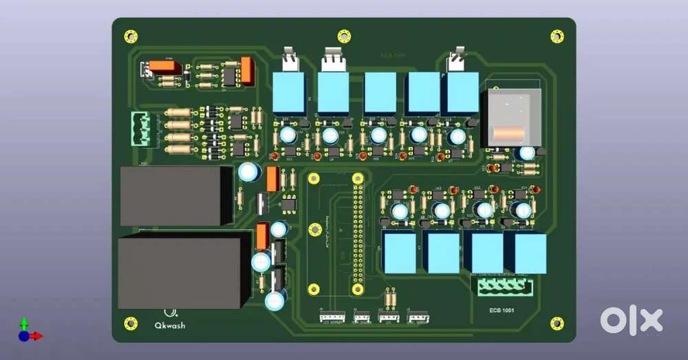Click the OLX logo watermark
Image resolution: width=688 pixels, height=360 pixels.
631,321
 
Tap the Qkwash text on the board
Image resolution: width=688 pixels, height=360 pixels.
170,325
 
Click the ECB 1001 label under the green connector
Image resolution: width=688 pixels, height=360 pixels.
502,310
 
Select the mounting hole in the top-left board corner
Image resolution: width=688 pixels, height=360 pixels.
131,36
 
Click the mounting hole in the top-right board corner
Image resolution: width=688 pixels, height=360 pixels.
557,36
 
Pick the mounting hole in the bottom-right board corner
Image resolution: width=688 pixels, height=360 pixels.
557,323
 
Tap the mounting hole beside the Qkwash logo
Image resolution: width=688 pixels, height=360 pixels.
131,323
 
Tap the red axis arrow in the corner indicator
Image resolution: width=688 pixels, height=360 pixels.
36,336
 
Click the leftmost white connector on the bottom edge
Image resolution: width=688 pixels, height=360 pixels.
332,317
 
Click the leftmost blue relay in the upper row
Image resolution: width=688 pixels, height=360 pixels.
289,92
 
